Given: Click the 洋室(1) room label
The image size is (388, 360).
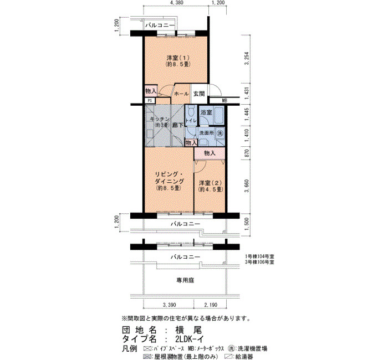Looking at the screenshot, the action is click(178, 58).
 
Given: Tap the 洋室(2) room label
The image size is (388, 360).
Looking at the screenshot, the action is click(210, 183).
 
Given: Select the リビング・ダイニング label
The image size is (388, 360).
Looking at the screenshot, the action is click(169, 177).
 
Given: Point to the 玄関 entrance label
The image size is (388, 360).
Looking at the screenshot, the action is click(199, 94).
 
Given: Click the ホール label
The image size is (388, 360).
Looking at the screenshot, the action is click(181, 94).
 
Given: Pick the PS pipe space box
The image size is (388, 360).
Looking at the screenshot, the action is click(150, 101).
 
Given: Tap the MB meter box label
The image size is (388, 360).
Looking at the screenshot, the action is click(224, 101).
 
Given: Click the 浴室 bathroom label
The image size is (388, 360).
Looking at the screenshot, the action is click(206, 112).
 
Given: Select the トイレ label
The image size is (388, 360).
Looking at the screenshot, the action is click(191, 121).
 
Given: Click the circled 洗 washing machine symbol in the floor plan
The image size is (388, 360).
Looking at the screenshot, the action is click(219, 133).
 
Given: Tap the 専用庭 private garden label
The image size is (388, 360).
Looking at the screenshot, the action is click(185, 280).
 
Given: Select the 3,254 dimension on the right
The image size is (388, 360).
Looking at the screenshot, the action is click(246, 59).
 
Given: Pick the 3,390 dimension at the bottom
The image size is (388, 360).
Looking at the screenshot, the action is click(169, 305).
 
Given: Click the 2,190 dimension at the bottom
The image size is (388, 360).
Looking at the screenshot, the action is click(211, 305).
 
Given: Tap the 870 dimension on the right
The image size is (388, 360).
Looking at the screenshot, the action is click(246, 153).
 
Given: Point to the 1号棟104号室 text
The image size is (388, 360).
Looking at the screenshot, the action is click(259, 256).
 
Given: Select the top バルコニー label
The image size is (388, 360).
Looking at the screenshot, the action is click(160, 25).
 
